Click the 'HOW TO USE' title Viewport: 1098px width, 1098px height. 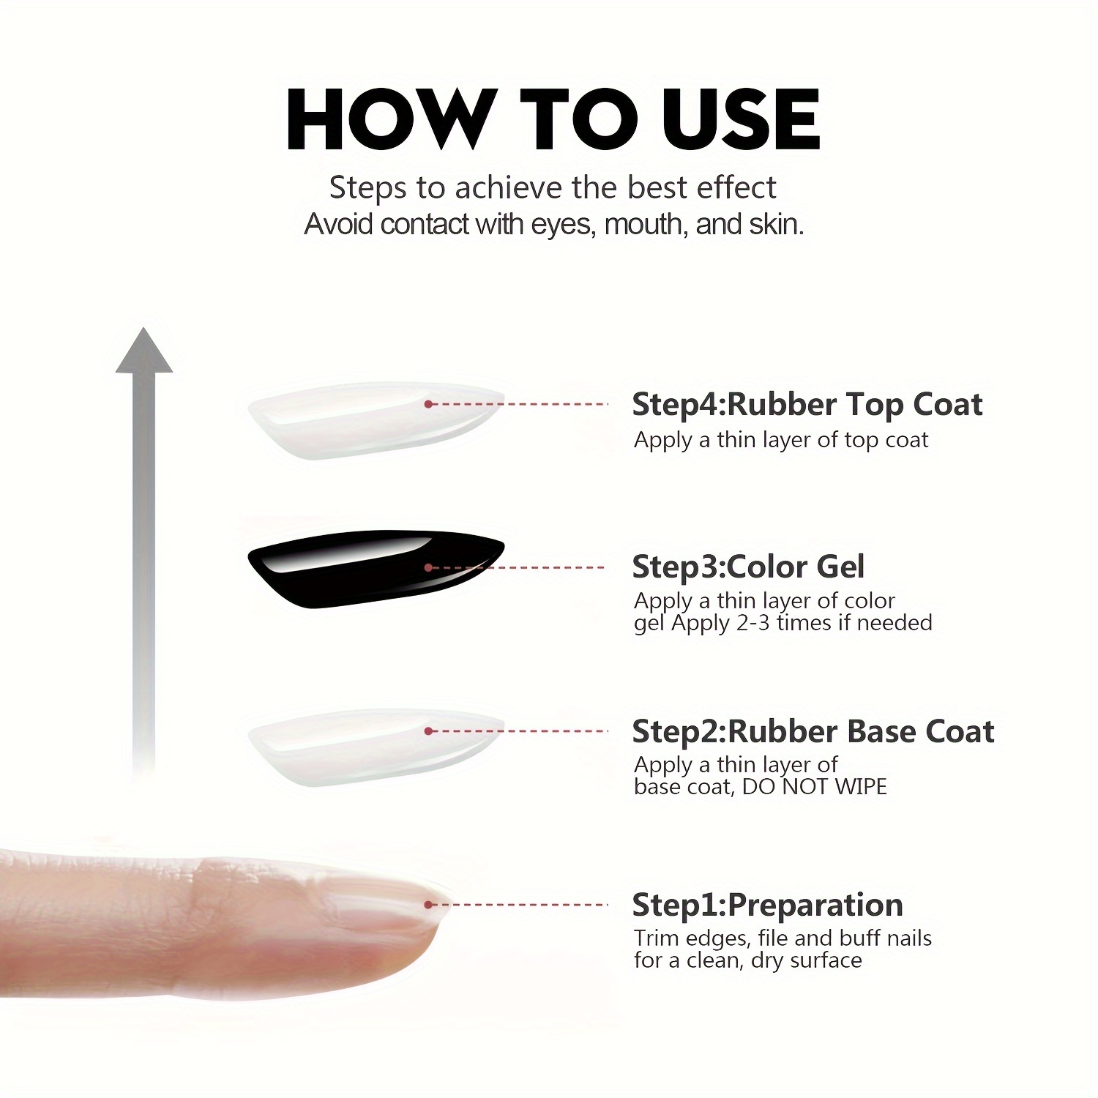tap(553, 119)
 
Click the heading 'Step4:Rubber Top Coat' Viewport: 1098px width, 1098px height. tap(807, 405)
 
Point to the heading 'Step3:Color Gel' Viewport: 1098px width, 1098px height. tap(748, 567)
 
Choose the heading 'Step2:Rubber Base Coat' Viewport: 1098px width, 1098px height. tap(813, 732)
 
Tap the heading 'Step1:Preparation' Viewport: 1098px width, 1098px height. tap(767, 905)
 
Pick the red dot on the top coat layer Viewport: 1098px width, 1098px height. tap(428, 404)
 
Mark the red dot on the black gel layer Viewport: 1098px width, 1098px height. tap(428, 567)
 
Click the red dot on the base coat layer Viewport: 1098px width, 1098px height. tap(428, 731)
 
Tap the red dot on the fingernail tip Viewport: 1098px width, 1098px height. tap(429, 905)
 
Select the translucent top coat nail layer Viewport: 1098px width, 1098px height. tap(376, 419)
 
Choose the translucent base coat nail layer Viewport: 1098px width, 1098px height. tap(376, 747)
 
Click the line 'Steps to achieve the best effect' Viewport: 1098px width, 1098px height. tap(553, 188)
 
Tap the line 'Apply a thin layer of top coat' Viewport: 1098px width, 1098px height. tap(781, 440)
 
